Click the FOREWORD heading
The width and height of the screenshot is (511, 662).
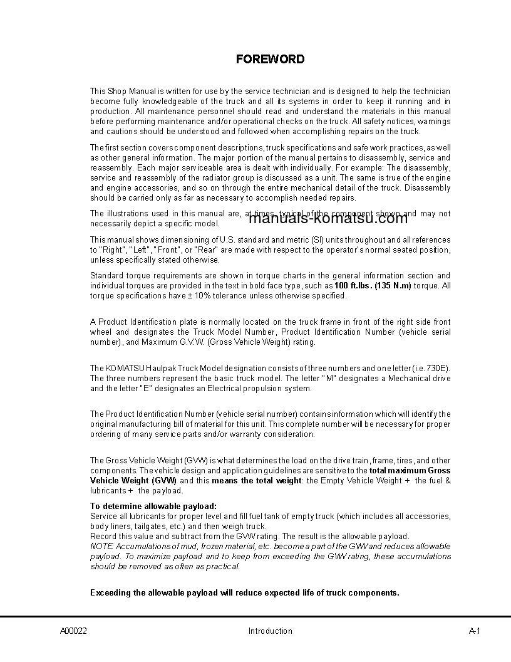[270, 60]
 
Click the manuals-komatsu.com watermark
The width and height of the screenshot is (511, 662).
[328, 218]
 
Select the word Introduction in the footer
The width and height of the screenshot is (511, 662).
[270, 631]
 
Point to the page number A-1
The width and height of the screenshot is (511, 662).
[474, 631]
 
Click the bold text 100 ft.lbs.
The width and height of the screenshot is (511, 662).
[353, 286]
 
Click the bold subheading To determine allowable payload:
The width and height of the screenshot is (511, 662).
[153, 506]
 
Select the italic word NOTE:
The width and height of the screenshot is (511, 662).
[102, 547]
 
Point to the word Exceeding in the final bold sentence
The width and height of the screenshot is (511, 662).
[110, 592]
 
